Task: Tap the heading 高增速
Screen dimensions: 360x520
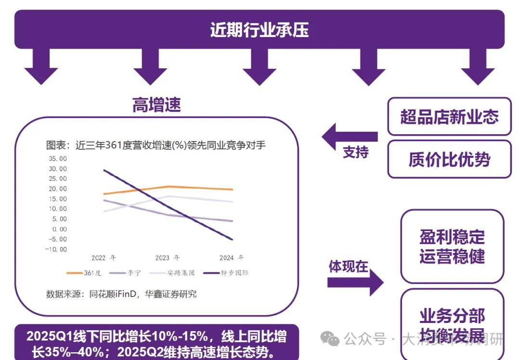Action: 156,105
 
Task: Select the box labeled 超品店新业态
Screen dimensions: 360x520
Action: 449,116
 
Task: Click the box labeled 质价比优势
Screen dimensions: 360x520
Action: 449,159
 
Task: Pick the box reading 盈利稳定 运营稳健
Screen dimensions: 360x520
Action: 452,246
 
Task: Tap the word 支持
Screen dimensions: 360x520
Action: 355,152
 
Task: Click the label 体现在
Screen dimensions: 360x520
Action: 348,266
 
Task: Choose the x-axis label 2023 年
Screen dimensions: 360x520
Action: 168,258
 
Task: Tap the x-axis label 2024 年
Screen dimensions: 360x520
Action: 232,258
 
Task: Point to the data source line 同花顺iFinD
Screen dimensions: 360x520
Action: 121,294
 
